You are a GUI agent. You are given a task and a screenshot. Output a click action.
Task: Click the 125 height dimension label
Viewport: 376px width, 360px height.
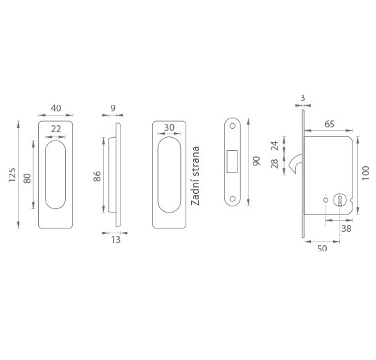12,174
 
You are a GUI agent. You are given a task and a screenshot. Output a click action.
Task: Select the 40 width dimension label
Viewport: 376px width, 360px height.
56,108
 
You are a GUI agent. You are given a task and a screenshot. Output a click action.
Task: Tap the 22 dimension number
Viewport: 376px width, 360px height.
56,129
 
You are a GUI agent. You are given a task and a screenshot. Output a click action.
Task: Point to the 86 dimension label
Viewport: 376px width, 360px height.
97,176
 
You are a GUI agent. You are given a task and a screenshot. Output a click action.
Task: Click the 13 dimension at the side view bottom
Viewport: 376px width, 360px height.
116,240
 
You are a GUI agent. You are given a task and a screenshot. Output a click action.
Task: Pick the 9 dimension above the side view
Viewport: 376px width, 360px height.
113,108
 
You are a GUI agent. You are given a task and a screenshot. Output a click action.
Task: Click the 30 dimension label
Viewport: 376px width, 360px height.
169,127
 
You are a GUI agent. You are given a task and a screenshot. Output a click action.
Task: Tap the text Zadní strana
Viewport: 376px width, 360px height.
195,176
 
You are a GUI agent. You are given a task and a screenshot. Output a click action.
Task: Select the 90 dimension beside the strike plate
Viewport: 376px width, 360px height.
256,161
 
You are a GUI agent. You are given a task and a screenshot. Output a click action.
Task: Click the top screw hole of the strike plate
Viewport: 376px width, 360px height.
233,126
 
